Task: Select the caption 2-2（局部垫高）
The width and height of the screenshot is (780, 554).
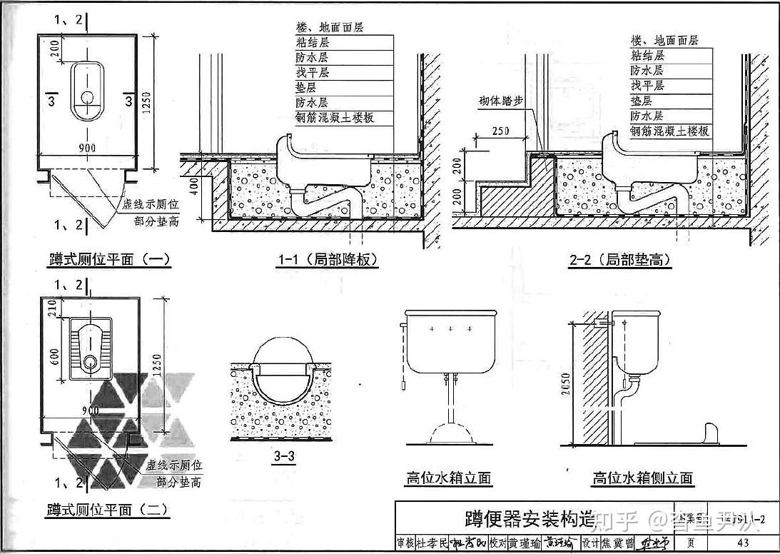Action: (620, 260)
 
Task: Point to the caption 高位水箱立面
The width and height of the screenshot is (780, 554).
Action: (449, 478)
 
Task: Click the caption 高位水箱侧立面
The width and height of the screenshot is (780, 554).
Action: (643, 478)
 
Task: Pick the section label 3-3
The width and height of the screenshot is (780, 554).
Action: (283, 458)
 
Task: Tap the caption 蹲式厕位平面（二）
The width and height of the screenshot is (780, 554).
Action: (108, 510)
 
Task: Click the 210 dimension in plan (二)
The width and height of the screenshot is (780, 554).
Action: (51, 307)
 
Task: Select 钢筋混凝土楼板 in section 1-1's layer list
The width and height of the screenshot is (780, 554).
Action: (335, 118)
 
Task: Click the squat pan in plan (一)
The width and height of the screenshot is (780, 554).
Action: (87, 91)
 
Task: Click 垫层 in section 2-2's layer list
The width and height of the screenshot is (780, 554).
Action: (641, 101)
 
